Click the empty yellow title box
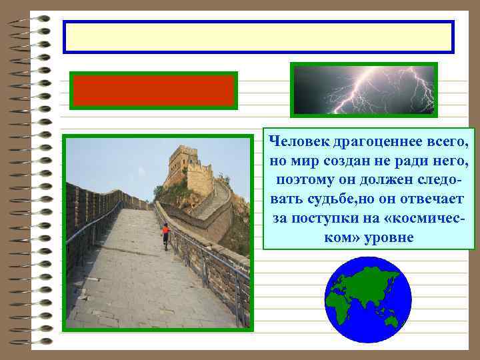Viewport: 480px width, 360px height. tap(258, 37)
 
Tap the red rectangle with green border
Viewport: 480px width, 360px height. tap(153, 91)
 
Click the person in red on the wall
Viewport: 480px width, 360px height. tap(165, 233)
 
